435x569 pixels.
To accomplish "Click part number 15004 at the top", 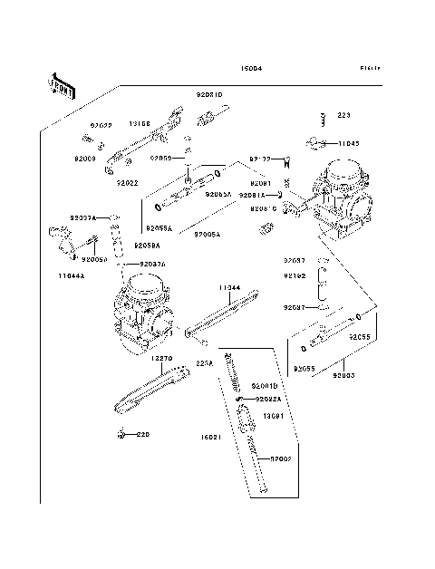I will click(251, 69).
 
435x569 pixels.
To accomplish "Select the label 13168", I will click(139, 123).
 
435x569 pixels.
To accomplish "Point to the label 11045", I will click(349, 143).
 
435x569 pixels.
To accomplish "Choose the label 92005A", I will click(207, 233).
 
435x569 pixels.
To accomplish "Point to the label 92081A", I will click(253, 194).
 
